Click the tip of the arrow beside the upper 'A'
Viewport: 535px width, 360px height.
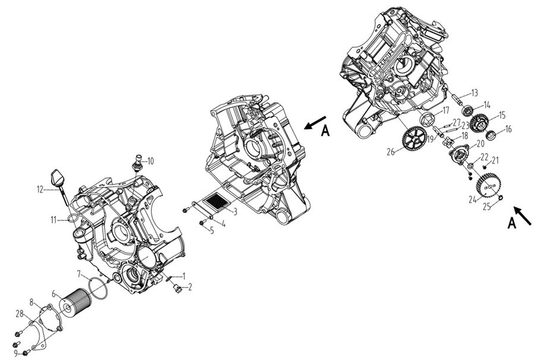click(x=304, y=128)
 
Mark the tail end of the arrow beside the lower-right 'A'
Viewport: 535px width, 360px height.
click(x=531, y=225)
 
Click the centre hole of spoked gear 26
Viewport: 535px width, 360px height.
click(x=414, y=139)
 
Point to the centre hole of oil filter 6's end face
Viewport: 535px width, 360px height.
click(x=68, y=308)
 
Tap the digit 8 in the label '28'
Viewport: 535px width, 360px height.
click(x=21, y=313)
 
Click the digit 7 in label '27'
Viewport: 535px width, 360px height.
click(x=458, y=122)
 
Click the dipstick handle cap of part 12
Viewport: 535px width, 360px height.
click(x=56, y=176)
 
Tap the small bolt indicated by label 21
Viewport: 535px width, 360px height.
click(x=484, y=167)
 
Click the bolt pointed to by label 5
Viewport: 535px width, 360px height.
click(x=202, y=223)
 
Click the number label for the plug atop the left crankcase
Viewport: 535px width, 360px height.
click(x=150, y=161)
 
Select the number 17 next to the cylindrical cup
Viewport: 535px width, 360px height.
click(x=446, y=111)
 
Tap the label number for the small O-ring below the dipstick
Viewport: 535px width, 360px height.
click(x=54, y=220)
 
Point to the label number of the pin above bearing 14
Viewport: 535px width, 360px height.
click(x=474, y=93)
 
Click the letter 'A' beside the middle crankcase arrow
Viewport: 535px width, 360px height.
click(x=326, y=131)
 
